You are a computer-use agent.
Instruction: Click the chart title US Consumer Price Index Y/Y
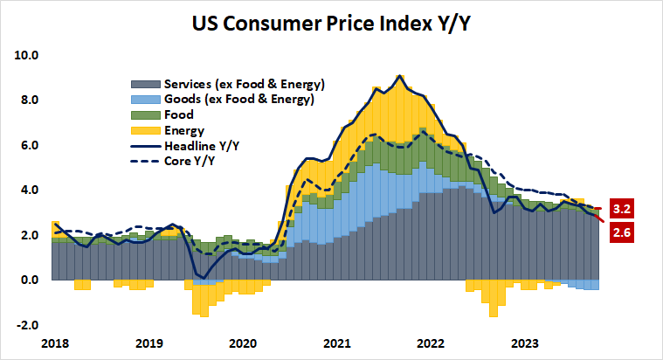click(x=331, y=21)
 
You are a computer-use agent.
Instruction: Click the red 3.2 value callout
click(x=623, y=210)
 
